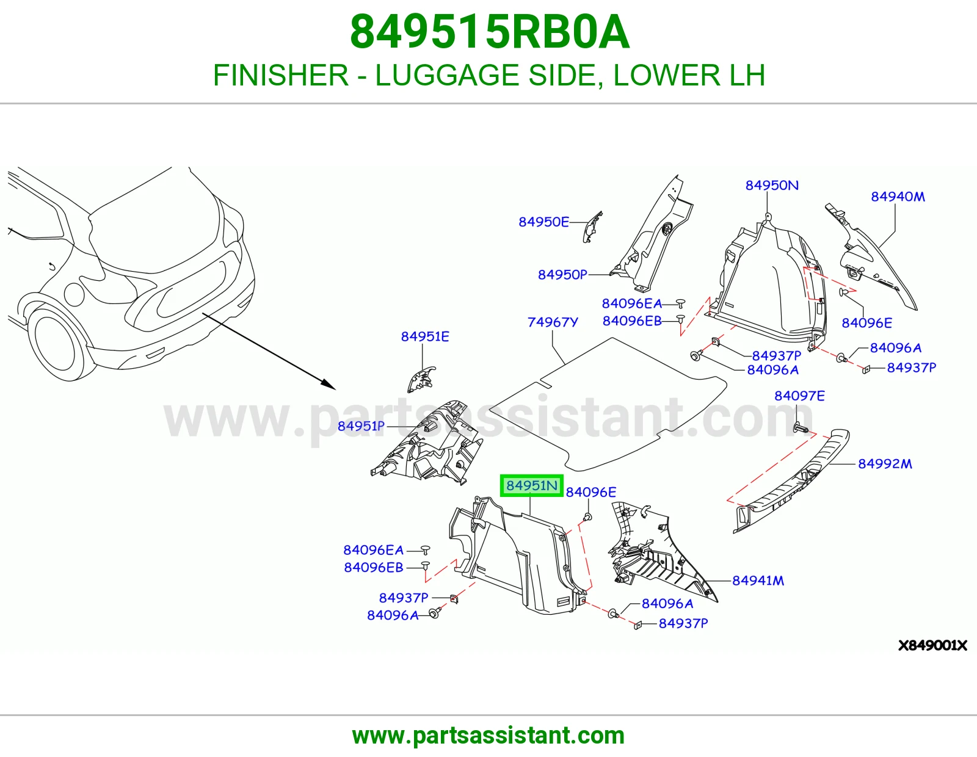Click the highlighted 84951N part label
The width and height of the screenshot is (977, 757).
tap(531, 486)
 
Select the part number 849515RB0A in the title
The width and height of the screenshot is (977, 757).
tap(490, 32)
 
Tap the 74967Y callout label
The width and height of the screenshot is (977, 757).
tap(552, 322)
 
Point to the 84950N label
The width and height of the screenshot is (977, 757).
tap(772, 185)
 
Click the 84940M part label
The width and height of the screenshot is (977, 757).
tap(898, 197)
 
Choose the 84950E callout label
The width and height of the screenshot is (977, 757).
tap(543, 222)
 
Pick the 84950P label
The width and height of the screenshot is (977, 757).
tap(562, 274)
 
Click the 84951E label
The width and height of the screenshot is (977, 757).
tap(425, 336)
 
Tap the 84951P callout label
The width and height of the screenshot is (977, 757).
tap(361, 426)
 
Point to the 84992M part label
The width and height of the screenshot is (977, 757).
tap(885, 463)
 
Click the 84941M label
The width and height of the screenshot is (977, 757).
tap(758, 581)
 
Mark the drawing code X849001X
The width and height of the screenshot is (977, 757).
tap(932, 645)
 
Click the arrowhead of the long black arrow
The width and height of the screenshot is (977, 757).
tap(329, 385)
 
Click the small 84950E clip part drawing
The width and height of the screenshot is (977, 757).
tap(592, 227)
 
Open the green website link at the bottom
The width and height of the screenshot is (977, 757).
tap(488, 736)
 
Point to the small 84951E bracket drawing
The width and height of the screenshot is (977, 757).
tap(421, 378)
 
